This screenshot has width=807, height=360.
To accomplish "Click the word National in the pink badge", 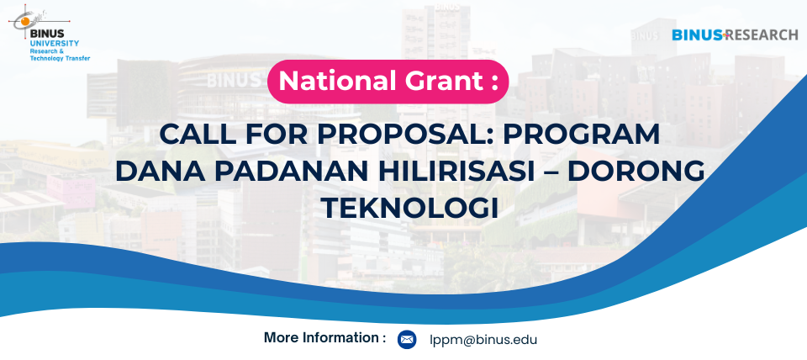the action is (330, 81).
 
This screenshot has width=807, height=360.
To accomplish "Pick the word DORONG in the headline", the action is (636, 171).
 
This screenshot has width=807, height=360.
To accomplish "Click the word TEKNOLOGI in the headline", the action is (410, 208).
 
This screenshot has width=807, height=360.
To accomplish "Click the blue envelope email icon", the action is (407, 340).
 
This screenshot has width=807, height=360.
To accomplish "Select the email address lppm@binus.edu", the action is (484, 340).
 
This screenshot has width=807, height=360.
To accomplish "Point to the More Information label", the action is (324, 338).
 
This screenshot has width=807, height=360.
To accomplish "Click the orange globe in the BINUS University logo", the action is (24, 21).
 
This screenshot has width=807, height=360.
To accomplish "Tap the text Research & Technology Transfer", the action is (60, 56).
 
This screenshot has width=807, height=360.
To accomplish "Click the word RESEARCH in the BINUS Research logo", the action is (763, 35).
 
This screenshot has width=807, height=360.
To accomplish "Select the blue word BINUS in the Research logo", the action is (698, 35).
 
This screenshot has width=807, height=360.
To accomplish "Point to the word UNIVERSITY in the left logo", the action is (55, 43).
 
